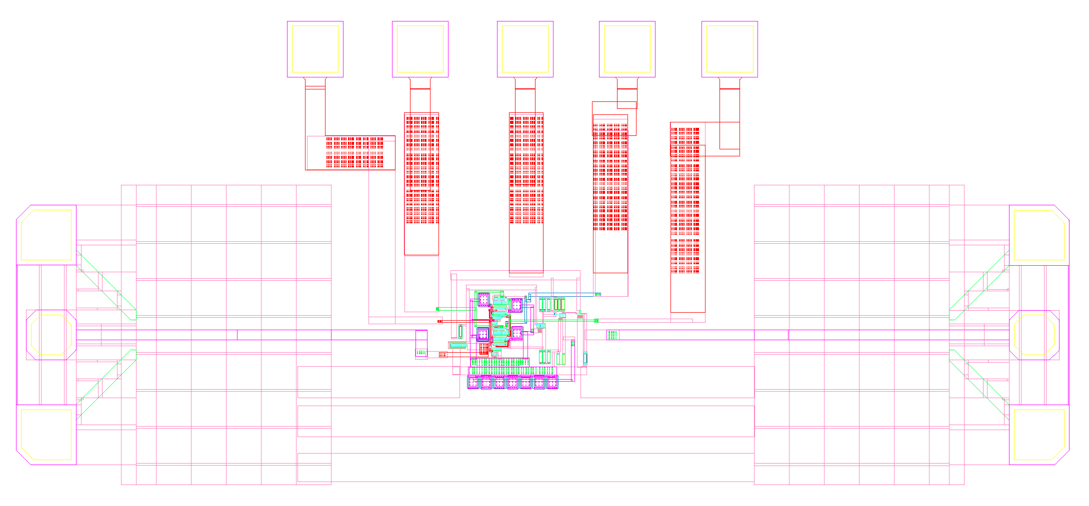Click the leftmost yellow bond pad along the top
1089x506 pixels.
point(315,49)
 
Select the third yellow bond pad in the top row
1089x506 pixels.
point(525,49)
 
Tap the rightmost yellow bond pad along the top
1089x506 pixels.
point(729,49)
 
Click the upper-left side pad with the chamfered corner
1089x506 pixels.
point(46,235)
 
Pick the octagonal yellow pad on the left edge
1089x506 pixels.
point(51,335)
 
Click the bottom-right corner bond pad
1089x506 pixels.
point(1039,435)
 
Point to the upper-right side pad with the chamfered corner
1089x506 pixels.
point(1039,235)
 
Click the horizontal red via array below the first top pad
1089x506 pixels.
point(354,152)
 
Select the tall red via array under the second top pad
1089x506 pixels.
point(422,170)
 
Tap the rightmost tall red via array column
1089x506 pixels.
point(685,200)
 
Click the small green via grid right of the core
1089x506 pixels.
point(612,335)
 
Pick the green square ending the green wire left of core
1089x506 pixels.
point(437,309)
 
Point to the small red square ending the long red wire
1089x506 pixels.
point(440,322)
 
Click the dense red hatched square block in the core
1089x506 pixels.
point(483,349)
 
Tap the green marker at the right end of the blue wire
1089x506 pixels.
point(597,295)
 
